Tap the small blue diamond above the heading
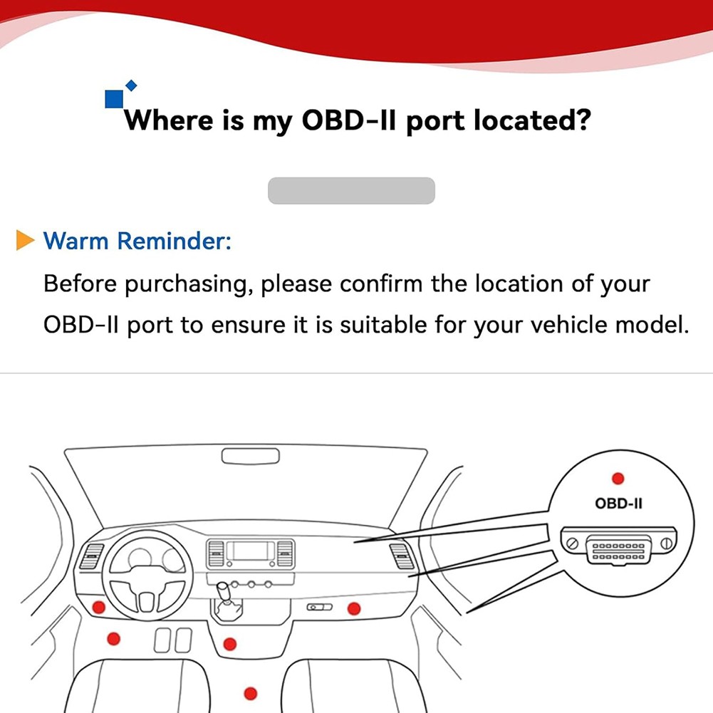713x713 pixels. pyautogui.click(x=131, y=85)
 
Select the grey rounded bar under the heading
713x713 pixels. pyautogui.click(x=351, y=191)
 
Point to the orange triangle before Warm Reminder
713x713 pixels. pyautogui.click(x=25, y=241)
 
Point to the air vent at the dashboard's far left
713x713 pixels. pyautogui.click(x=92, y=556)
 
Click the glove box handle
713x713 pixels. pyautogui.click(x=319, y=607)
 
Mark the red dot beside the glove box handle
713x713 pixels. pyautogui.click(x=353, y=608)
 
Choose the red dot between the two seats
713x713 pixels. pyautogui.click(x=250, y=692)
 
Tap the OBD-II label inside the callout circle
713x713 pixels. pyautogui.click(x=618, y=504)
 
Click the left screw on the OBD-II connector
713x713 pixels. pyautogui.click(x=572, y=544)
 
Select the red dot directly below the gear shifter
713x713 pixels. pyautogui.click(x=229, y=644)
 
